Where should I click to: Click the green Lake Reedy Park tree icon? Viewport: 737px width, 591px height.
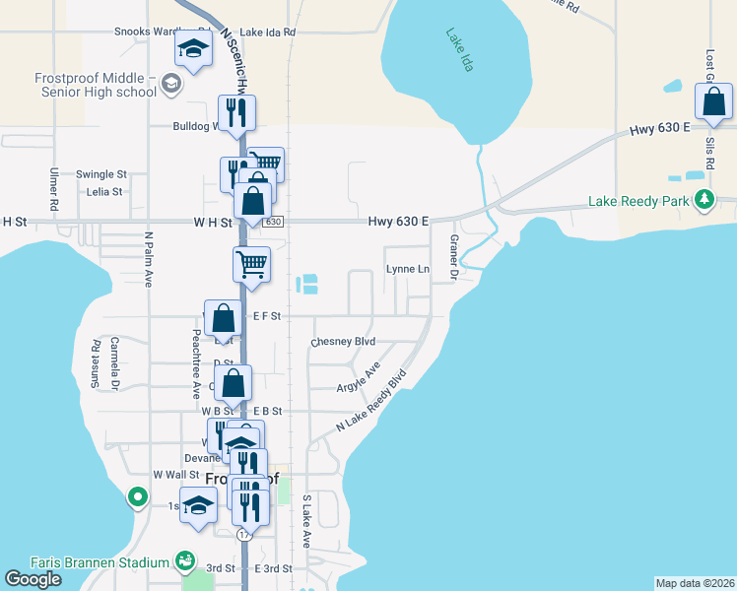tap(703, 201)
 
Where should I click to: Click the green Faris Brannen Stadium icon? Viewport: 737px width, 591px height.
tap(184, 561)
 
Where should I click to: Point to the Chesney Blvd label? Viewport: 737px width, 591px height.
tap(344, 342)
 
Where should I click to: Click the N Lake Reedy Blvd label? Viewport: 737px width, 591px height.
tap(371, 400)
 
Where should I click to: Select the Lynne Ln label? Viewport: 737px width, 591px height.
tap(408, 269)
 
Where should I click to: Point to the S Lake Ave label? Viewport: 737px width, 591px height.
tap(306, 522)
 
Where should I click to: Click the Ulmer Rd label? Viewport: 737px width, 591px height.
tap(54, 187)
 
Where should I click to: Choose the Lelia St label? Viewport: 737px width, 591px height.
tap(104, 192)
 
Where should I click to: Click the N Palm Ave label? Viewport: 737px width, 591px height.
tap(149, 259)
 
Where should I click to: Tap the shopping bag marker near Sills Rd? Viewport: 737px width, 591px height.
tap(713, 103)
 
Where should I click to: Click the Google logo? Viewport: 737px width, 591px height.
tap(33, 579)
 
